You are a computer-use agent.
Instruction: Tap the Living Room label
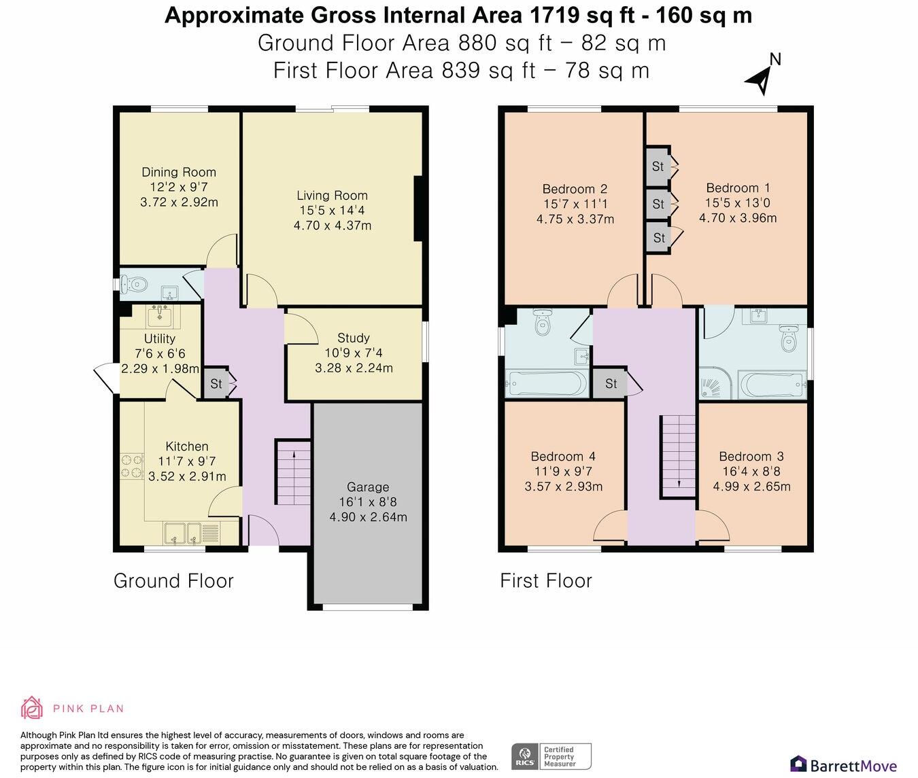pyautogui.click(x=332, y=196)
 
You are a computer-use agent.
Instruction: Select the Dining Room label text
pyautogui.click(x=179, y=173)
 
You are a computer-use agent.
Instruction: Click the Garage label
pyautogui.click(x=368, y=487)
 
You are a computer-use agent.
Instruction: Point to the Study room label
pyautogui.click(x=354, y=338)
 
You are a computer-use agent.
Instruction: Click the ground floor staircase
pyautogui.click(x=293, y=473)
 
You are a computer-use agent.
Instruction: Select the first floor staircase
pyautogui.click(x=678, y=456)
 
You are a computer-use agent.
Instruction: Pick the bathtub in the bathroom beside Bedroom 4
pyautogui.click(x=546, y=385)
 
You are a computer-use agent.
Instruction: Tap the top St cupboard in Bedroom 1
pyautogui.click(x=658, y=166)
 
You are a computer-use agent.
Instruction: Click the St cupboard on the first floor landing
pyautogui.click(x=611, y=384)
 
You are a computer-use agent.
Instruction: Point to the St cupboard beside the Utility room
pyautogui.click(x=216, y=384)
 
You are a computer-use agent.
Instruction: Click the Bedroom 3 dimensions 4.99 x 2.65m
pyautogui.click(x=751, y=487)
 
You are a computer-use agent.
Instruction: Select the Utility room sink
pyautogui.click(x=161, y=317)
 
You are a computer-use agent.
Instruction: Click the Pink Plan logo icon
pyautogui.click(x=32, y=708)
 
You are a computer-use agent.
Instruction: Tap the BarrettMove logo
pyautogui.click(x=843, y=764)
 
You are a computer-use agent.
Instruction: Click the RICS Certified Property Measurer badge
pyautogui.click(x=551, y=756)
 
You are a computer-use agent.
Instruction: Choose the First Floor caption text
pyautogui.click(x=546, y=581)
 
